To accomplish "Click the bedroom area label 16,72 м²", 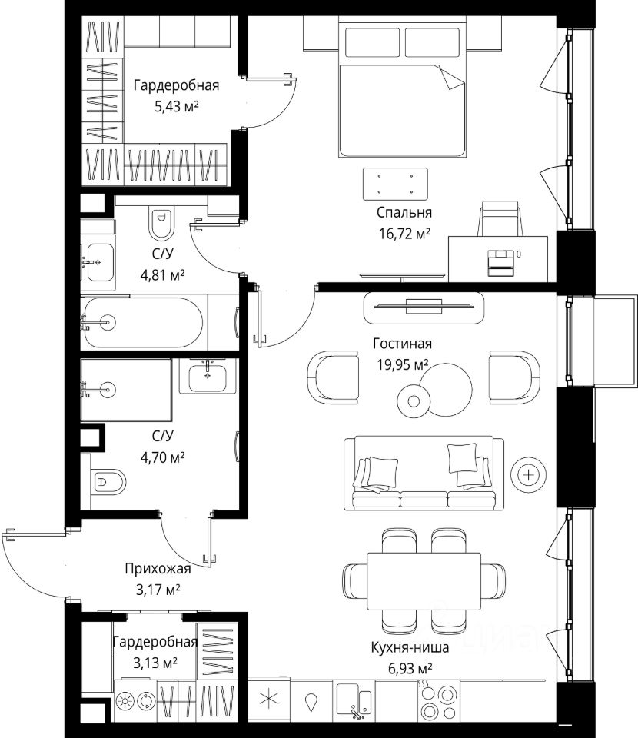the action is [x=404, y=234].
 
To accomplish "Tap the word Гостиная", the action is [x=402, y=344].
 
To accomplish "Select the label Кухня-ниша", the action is [x=410, y=647].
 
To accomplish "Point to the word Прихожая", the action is [x=158, y=569].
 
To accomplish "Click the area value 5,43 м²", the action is [x=177, y=106].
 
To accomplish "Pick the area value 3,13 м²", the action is [x=155, y=663].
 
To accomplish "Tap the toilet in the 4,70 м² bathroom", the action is [x=108, y=481].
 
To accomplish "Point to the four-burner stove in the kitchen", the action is [x=438, y=701].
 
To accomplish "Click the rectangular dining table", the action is [x=424, y=581].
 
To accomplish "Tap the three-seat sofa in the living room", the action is [x=424, y=474].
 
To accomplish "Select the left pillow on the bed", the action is [x=373, y=42].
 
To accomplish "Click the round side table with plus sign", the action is [x=529, y=475].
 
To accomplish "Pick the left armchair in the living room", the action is [x=333, y=377].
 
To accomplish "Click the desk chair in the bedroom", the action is [x=500, y=218].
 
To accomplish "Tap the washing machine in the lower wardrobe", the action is [x=135, y=701].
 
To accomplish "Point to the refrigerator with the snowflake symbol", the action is [x=269, y=700].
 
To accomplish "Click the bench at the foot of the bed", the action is [x=395, y=184].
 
